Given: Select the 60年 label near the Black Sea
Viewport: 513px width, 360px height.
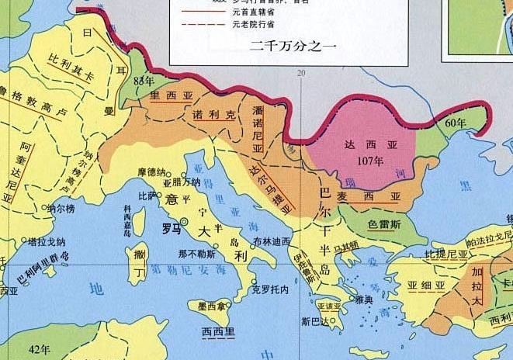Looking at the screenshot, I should [456, 123].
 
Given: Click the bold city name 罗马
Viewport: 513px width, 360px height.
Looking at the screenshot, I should [172, 229].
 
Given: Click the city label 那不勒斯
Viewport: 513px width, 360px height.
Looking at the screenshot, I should [196, 253].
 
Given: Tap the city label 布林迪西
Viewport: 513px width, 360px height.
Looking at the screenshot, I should [272, 241].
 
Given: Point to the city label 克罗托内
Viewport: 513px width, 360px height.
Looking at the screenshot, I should [270, 290].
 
